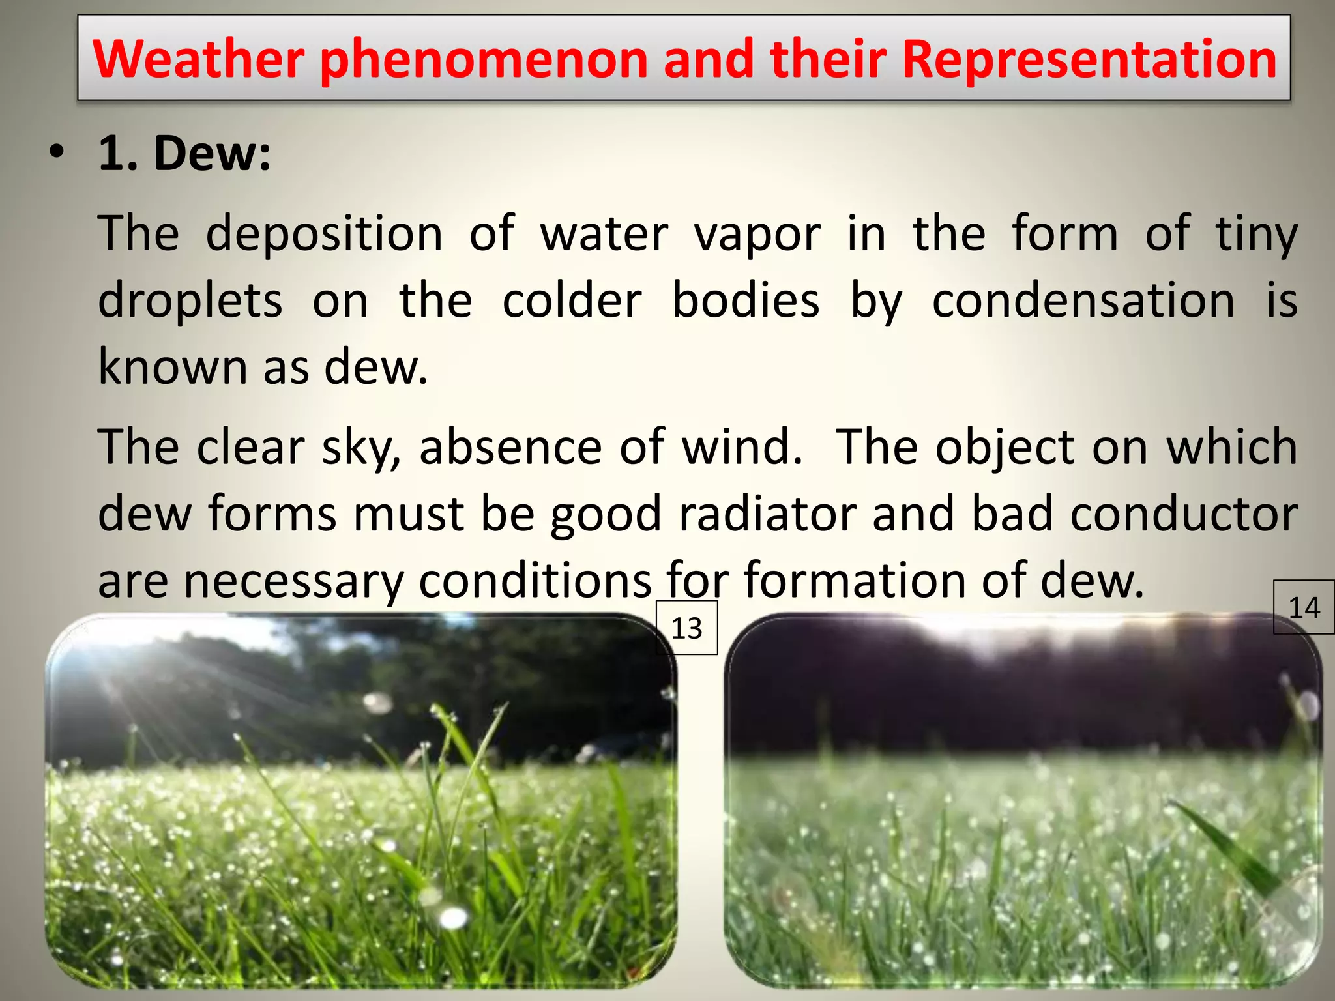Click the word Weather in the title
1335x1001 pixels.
pos(199,59)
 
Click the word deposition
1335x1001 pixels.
pos(324,233)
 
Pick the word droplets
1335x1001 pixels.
pos(190,301)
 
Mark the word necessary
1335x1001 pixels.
pos(293,581)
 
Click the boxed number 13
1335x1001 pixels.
pos(686,628)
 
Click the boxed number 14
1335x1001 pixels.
pos(1304,607)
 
